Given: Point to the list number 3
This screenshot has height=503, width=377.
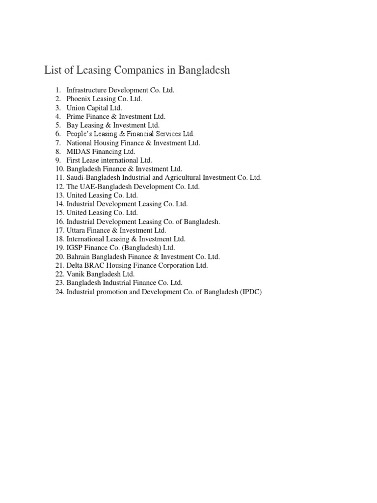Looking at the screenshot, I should coord(57,108).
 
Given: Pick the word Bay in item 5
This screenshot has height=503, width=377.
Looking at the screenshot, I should coord(72,125).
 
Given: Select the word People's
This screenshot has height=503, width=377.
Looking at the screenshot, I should coord(79,134).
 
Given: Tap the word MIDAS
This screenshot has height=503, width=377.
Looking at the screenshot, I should coord(78,152).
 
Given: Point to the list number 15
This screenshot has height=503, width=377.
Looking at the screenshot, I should coord(59,213).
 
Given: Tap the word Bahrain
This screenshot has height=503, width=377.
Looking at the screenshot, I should coord(78,257).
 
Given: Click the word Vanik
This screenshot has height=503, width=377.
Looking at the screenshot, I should coord(76,274).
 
